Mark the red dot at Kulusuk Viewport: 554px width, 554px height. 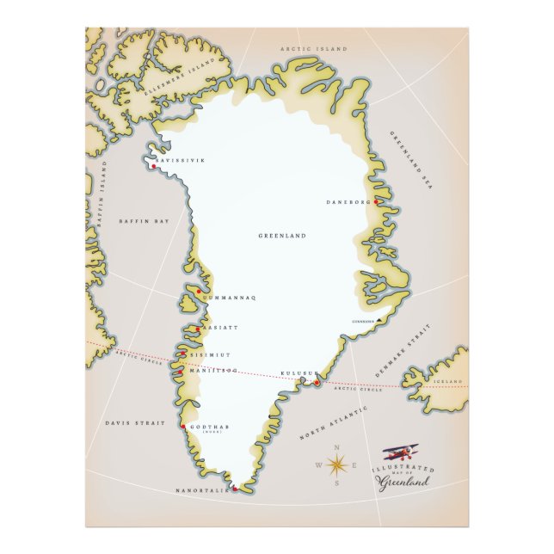(x=316, y=383)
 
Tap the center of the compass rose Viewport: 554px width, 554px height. (x=335, y=465)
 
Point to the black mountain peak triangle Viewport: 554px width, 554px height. (x=380, y=321)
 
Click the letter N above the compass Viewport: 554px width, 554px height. (x=335, y=448)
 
